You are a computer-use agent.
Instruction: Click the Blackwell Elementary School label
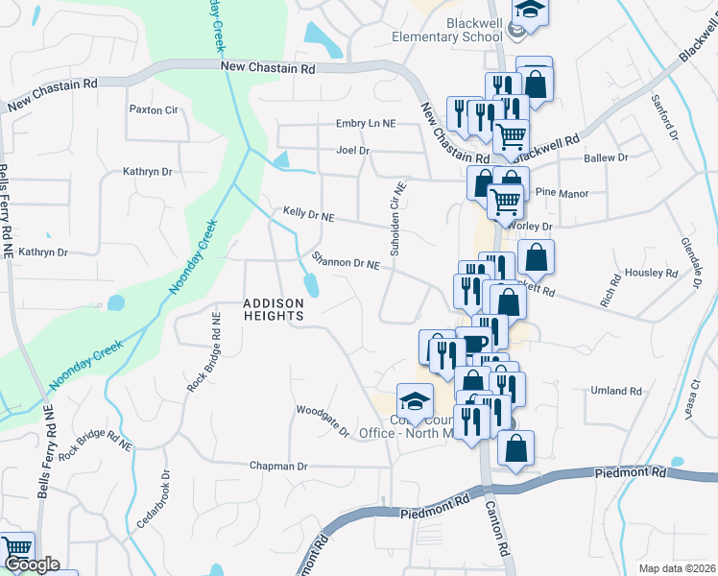446,30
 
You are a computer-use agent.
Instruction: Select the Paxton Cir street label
154,109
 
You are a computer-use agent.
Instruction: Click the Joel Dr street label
352,151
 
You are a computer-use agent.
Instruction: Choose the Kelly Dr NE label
308,215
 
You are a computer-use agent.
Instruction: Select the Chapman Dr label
277,466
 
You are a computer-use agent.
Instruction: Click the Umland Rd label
616,391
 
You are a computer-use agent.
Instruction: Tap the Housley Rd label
651,273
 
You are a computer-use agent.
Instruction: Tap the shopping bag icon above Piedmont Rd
515,448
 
